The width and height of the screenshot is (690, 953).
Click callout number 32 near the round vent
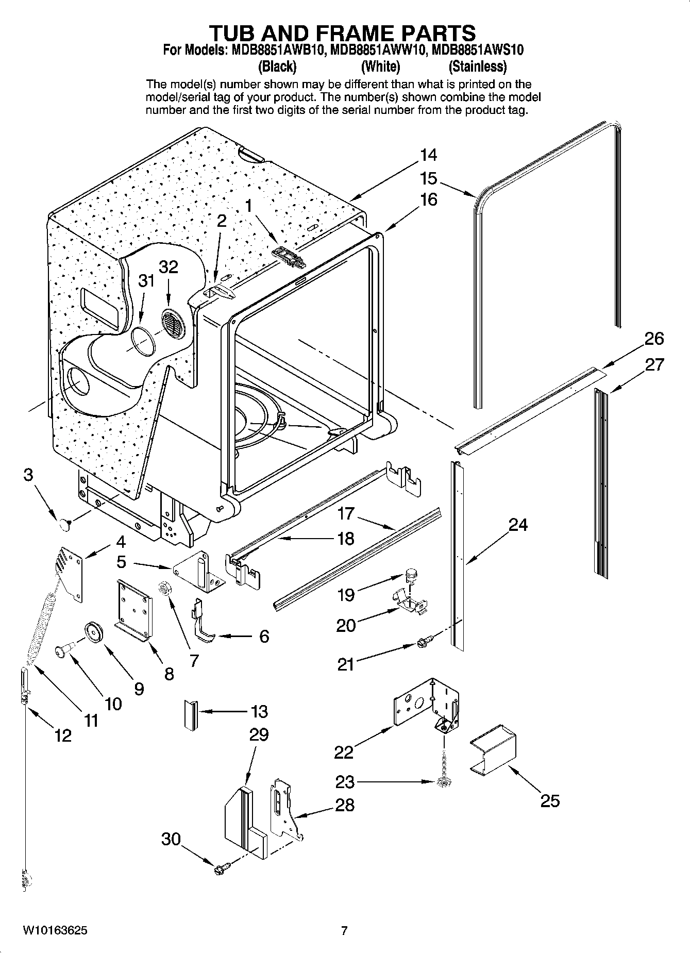point(168,267)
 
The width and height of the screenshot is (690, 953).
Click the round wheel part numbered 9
point(94,632)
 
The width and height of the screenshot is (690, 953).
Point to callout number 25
point(550,800)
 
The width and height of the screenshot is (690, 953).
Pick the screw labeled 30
point(218,870)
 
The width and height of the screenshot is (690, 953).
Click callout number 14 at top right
point(428,155)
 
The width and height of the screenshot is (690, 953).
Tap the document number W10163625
point(55,931)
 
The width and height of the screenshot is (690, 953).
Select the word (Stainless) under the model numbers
point(477,66)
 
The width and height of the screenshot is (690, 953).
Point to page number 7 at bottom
point(344,931)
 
